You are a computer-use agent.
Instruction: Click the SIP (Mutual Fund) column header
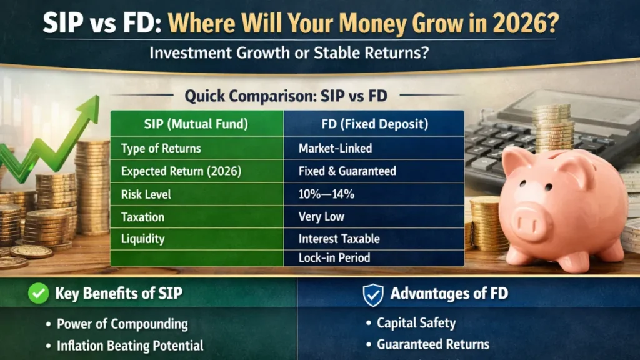click(196, 124)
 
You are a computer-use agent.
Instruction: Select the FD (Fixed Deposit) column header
click(374, 124)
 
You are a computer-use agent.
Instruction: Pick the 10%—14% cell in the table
click(326, 194)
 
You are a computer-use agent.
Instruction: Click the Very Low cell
click(321, 217)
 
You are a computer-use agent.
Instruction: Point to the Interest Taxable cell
click(339, 239)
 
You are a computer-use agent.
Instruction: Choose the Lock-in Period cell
click(334, 257)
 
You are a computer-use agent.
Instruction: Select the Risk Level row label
click(146, 194)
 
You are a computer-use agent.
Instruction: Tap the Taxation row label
click(142, 217)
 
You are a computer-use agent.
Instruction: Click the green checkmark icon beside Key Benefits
click(39, 294)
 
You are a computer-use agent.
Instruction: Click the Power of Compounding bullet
click(122, 324)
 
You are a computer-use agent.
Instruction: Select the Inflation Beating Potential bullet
click(130, 345)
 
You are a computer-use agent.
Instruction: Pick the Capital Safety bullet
click(416, 323)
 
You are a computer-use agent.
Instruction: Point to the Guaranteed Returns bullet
click(433, 344)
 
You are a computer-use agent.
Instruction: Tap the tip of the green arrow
click(95, 100)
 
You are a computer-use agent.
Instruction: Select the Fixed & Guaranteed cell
click(347, 171)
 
